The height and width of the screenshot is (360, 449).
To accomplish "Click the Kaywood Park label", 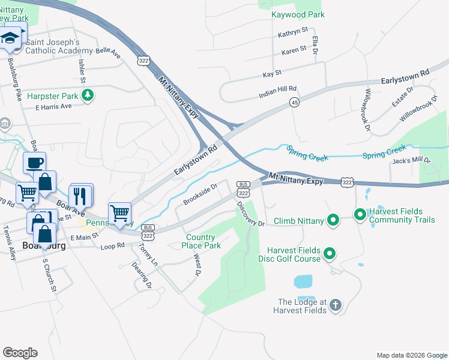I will click(298, 14).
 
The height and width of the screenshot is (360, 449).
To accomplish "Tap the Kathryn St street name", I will click(293, 30).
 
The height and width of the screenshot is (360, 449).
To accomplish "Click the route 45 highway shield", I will click(294, 103).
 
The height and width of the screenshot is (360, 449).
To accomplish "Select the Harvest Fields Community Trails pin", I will click(360, 214).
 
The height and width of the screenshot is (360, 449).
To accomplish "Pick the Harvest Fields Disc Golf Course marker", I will click(330, 255).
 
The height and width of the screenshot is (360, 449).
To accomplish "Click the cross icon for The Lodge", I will click(335, 306).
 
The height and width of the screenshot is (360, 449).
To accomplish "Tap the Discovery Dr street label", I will click(250, 214).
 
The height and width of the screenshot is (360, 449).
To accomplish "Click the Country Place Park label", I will click(203, 241).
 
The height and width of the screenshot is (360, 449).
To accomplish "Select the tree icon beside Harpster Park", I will click(88, 95).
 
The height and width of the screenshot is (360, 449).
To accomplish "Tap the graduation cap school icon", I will click(10, 39).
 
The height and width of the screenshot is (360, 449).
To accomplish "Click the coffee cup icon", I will click(34, 162).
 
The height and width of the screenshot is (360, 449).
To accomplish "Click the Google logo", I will click(20, 353).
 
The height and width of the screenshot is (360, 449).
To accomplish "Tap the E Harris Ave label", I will click(53, 106).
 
